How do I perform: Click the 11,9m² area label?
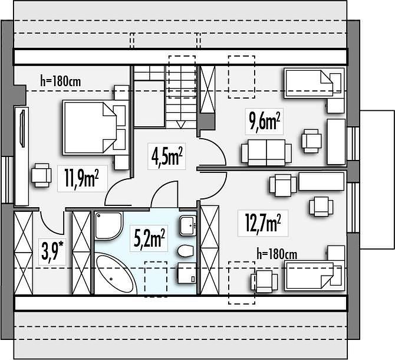coord(81,178)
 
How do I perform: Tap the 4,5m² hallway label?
coord(167,156)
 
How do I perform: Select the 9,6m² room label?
coord(265,121)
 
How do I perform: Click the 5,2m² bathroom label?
coord(149,238)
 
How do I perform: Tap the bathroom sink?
coord(188,225)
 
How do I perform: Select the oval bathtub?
coord(116,275)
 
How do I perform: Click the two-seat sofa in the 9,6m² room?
coord(266,152)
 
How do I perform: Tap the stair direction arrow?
coord(181,124)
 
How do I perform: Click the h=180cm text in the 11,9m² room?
coord(61,81)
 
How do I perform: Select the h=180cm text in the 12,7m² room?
coord(277,254)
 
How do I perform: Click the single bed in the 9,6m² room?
coord(314,83)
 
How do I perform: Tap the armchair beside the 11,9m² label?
coord(41,175)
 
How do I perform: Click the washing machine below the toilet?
coord(187,273)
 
